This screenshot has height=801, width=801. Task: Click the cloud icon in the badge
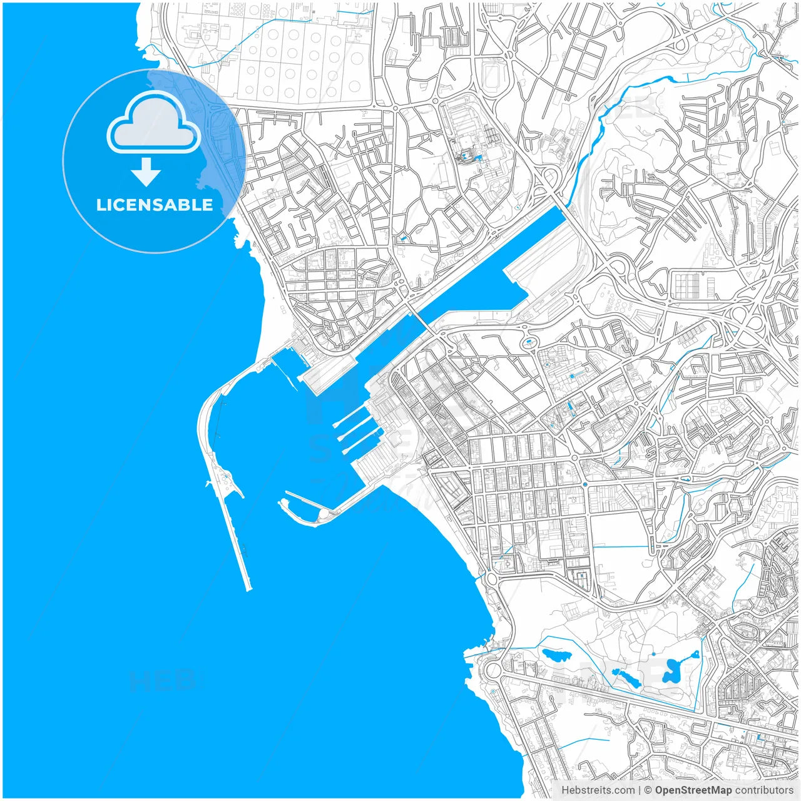154,123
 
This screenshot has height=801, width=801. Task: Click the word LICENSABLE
154,205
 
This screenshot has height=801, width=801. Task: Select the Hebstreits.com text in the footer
597,790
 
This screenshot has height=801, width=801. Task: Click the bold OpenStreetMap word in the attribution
693,790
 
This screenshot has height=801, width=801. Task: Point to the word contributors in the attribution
763,790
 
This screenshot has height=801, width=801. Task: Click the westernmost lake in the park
556,656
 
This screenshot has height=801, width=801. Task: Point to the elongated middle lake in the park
625,676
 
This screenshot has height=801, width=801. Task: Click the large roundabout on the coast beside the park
493,670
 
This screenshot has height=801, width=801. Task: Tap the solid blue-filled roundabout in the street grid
584,484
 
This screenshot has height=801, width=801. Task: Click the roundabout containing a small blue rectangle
529,342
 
